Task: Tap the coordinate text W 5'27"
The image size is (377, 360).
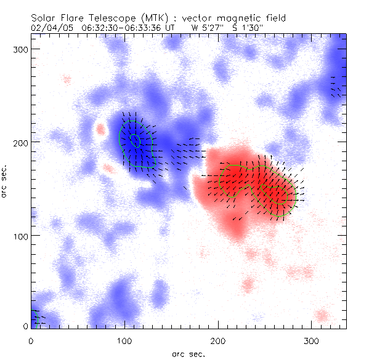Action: pyautogui.click(x=206, y=28)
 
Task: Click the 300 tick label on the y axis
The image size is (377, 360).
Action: pyautogui.click(x=20, y=49)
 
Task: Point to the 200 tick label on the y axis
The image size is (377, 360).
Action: pyautogui.click(x=20, y=142)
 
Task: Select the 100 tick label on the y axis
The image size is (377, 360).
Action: pyautogui.click(x=20, y=236)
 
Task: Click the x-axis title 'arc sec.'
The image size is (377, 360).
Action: pyautogui.click(x=188, y=353)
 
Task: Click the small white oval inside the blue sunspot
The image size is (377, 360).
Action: pyautogui.click(x=136, y=140)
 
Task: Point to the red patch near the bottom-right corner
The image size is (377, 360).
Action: pyautogui.click(x=321, y=316)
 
